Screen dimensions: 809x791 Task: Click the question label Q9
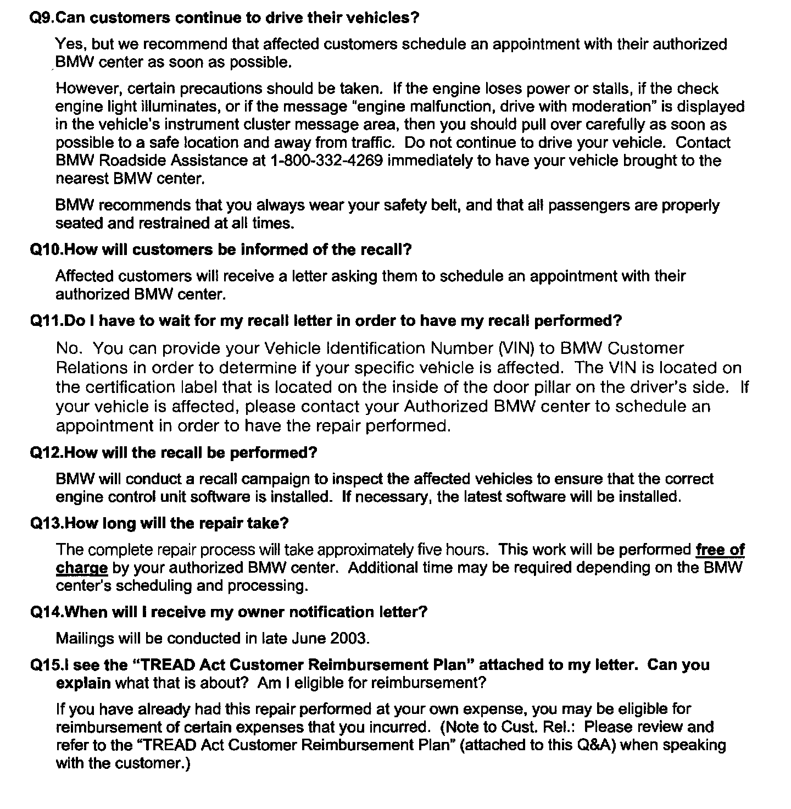point(42,18)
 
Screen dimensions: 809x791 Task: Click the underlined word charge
point(81,568)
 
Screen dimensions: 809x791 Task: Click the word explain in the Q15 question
point(83,683)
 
